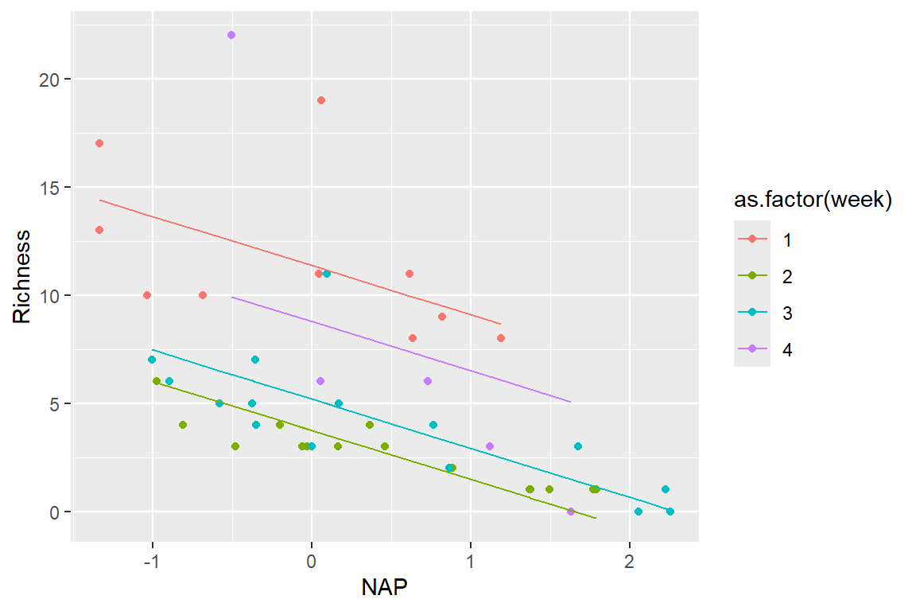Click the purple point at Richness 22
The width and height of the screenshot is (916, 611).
tap(231, 35)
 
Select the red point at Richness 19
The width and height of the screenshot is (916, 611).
tap(321, 100)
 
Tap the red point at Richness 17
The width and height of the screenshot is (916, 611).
tap(99, 143)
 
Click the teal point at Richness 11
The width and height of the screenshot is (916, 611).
tap(326, 274)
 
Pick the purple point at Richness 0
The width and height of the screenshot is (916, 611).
tap(571, 512)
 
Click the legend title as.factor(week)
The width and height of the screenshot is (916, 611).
tap(811, 201)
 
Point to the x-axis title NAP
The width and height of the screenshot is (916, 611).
tap(386, 588)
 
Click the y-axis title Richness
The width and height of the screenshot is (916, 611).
tap(21, 277)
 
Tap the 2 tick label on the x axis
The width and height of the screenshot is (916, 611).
tap(630, 559)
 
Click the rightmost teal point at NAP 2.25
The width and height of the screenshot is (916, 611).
tap(670, 512)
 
